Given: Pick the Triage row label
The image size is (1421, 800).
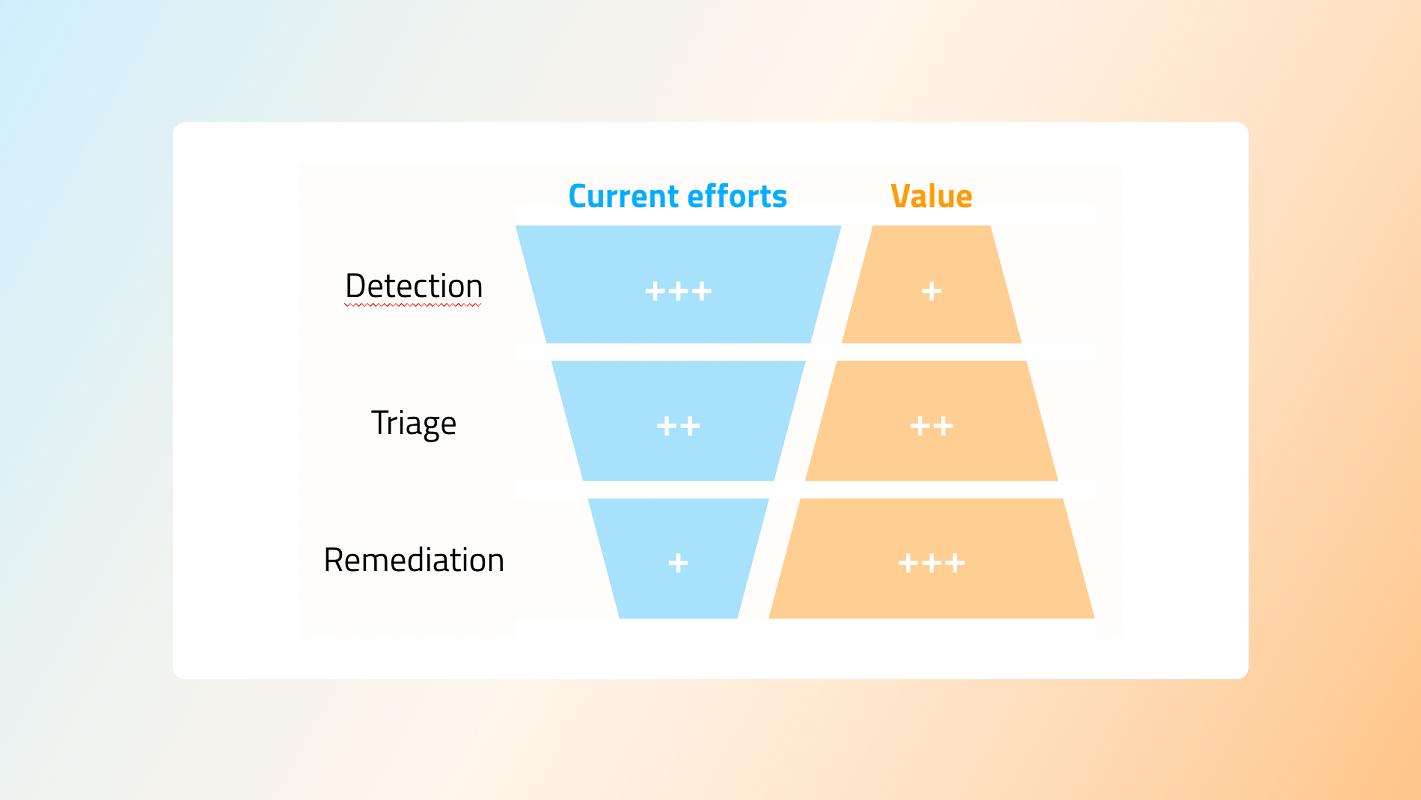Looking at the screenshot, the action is pos(414,423).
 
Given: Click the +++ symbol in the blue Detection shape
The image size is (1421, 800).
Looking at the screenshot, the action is pos(678,291).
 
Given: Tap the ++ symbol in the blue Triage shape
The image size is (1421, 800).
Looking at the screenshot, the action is pos(678,426).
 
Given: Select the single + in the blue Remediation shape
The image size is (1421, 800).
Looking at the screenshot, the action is pos(678,563).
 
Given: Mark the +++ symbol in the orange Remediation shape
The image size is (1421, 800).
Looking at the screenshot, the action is pos(932,563).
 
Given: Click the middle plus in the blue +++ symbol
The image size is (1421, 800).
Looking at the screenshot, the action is pos(678,291).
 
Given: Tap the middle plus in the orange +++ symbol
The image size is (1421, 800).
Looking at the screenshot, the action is pos(932,563).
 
